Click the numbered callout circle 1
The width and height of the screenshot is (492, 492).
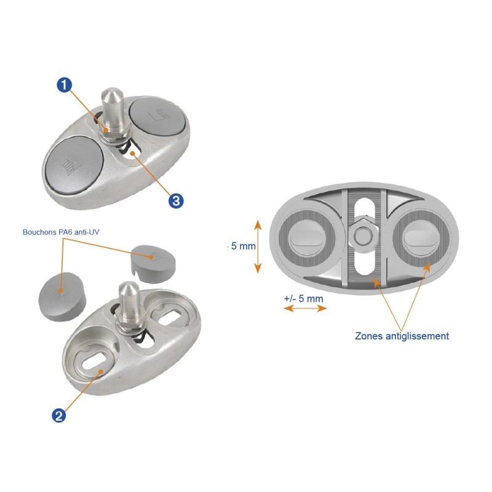62,85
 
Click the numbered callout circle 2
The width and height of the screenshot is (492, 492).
59,416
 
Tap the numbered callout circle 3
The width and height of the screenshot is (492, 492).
177,200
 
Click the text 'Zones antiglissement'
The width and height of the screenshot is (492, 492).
402,336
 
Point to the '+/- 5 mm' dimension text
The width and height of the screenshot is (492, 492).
303,298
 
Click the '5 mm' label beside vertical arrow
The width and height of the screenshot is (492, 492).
242,246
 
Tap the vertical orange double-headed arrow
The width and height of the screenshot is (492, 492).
258,246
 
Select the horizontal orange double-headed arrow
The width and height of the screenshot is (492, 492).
305,309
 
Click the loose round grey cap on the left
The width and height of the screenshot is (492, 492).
60,294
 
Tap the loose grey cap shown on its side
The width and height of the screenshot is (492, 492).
153,258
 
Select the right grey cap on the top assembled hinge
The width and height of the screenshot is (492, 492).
158,116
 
